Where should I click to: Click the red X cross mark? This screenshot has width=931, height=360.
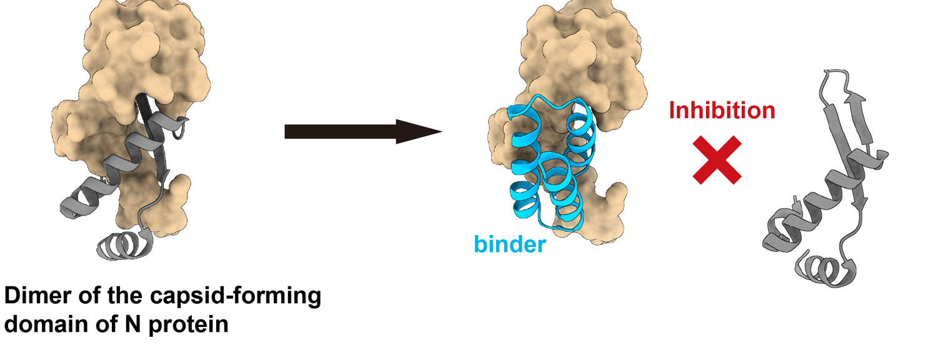pos(718,161)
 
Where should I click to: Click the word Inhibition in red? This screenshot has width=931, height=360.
pos(722,111)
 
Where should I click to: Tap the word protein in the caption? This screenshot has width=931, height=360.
pos(188,326)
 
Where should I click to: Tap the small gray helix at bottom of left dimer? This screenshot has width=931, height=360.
pos(122,246)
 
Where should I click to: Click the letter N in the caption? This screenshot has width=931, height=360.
pos(133,326)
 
